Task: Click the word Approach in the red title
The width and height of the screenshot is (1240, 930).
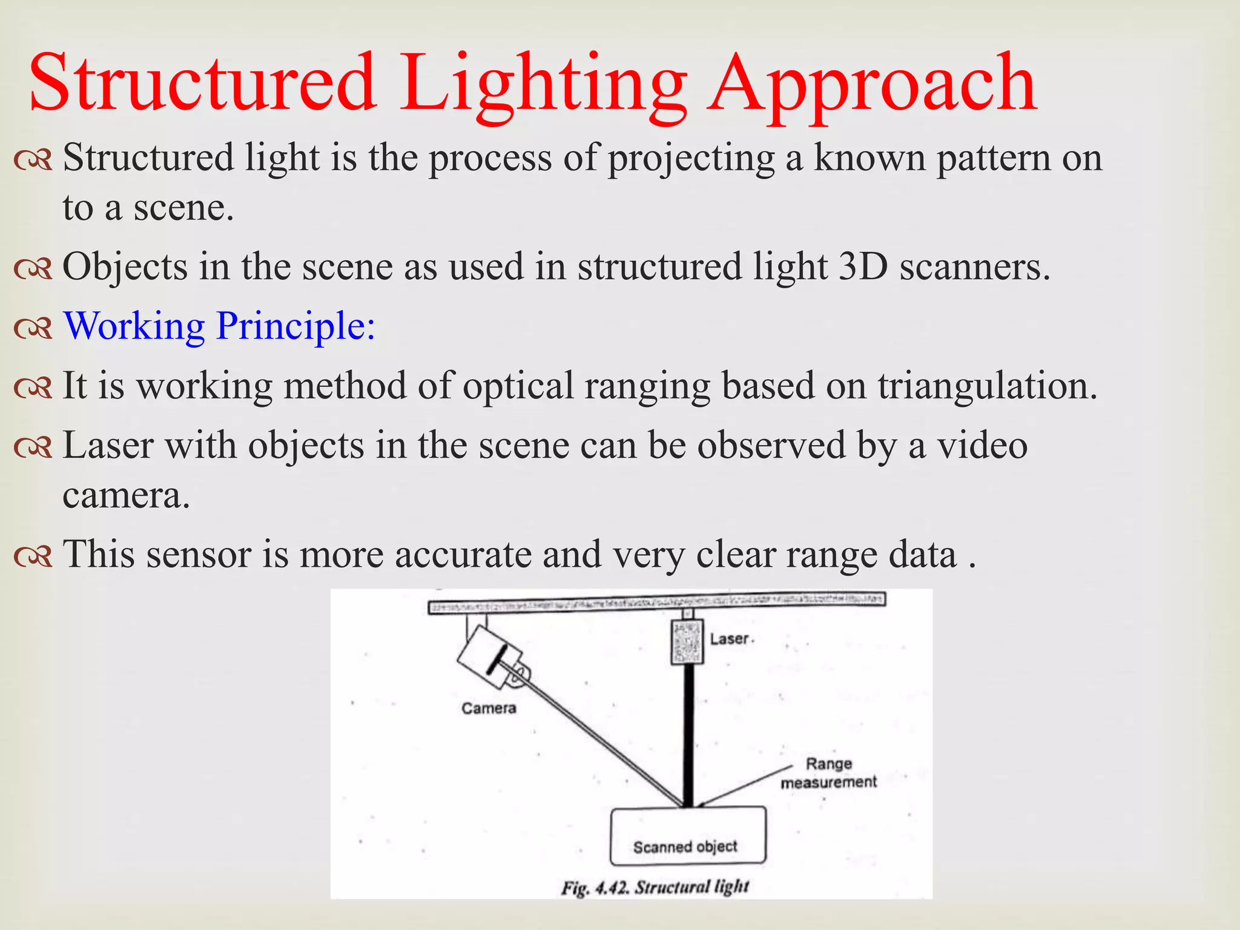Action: tap(872, 85)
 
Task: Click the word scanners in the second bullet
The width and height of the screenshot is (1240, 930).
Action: tap(974, 266)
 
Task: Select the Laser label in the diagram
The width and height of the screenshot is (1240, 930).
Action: tap(730, 639)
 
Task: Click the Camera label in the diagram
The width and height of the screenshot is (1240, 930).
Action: tap(489, 708)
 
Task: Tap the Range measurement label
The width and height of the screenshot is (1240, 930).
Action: tap(828, 773)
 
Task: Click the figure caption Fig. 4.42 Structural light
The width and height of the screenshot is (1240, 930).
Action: tap(655, 888)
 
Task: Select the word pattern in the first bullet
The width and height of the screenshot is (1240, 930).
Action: tap(993, 157)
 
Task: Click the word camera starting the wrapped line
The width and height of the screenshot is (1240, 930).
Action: tap(126, 496)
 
